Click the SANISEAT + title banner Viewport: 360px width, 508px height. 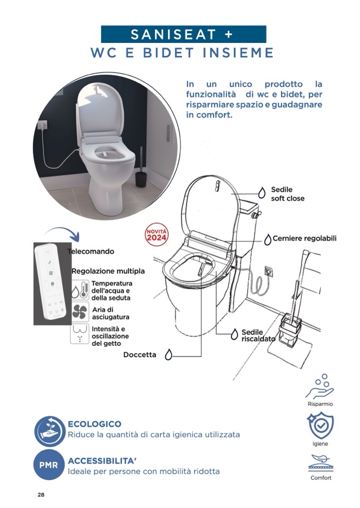(x=183, y=34)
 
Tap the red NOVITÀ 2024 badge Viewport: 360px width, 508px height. (x=156, y=234)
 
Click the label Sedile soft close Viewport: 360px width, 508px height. (x=288, y=194)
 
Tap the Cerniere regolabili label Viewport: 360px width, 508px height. (x=304, y=238)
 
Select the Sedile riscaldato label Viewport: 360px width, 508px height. (x=258, y=335)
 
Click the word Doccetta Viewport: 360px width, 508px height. (x=140, y=355)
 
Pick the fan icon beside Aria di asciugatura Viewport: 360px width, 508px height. (x=80, y=311)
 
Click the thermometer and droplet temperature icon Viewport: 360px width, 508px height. (x=80, y=290)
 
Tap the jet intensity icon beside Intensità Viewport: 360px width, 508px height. (x=80, y=334)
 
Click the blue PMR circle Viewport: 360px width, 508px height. (x=49, y=465)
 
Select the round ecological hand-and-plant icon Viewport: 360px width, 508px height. (x=50, y=431)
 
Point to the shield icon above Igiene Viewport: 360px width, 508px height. (x=320, y=425)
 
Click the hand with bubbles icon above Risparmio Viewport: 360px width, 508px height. (x=320, y=387)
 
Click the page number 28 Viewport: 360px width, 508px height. (x=41, y=495)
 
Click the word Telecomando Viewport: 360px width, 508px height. (x=91, y=252)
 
